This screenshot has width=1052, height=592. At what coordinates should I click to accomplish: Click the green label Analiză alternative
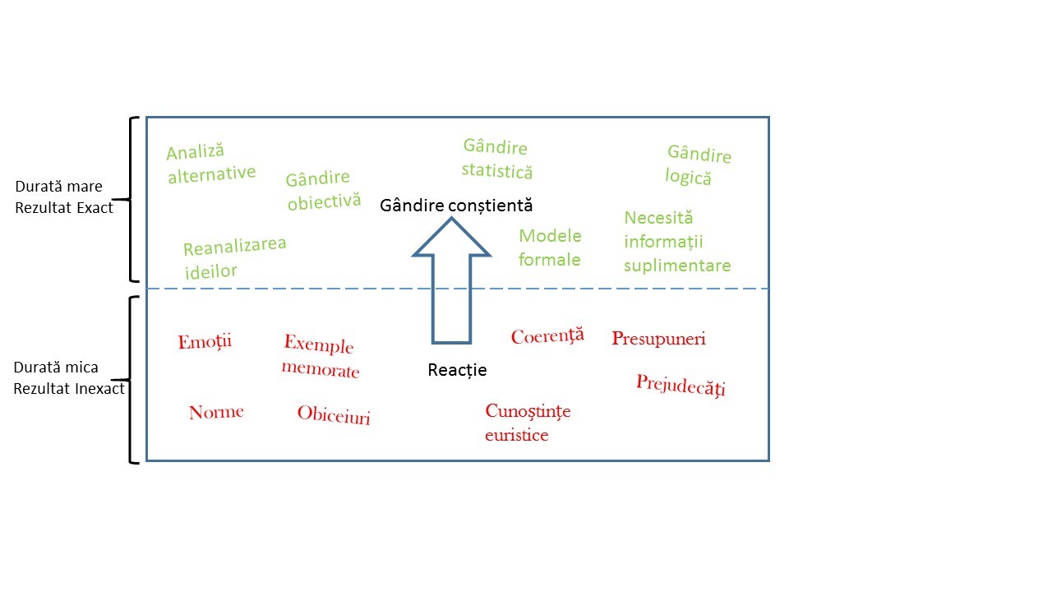click(210, 163)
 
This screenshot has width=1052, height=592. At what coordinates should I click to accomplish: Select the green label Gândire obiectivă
click(323, 190)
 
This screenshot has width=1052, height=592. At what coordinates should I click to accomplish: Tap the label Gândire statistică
click(496, 159)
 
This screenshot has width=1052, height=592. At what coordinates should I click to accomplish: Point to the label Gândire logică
click(698, 165)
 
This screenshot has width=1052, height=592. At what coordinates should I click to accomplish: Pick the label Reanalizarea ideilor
click(234, 258)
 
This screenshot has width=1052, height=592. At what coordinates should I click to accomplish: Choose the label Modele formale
click(550, 247)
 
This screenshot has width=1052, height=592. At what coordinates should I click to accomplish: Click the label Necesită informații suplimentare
click(676, 242)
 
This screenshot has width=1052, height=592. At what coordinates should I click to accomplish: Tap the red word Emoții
click(205, 341)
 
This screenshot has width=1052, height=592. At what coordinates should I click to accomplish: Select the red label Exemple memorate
click(320, 357)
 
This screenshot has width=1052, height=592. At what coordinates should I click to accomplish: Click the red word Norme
click(216, 412)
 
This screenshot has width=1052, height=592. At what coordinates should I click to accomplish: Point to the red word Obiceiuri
click(334, 414)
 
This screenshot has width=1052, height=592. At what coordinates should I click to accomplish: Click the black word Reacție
click(457, 370)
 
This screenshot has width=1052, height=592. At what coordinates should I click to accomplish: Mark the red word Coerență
click(547, 336)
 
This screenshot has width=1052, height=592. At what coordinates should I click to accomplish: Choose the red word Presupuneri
click(658, 339)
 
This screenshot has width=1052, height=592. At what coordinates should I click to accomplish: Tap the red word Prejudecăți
click(681, 385)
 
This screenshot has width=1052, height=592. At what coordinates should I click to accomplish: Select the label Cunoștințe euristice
click(527, 423)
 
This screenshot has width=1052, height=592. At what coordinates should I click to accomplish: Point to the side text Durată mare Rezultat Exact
click(64, 197)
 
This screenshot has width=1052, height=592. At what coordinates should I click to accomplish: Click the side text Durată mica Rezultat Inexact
click(69, 378)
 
